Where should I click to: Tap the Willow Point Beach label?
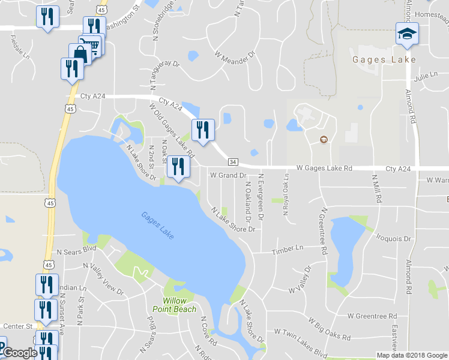pos(179,305)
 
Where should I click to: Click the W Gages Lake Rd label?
pos(324,169)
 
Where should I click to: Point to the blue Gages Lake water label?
pos(158,226)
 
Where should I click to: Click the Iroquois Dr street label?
pos(393,238)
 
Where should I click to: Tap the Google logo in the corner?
pos(19,353)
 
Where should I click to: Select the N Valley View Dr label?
pos(103,280)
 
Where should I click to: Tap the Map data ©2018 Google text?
pos(411,355)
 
